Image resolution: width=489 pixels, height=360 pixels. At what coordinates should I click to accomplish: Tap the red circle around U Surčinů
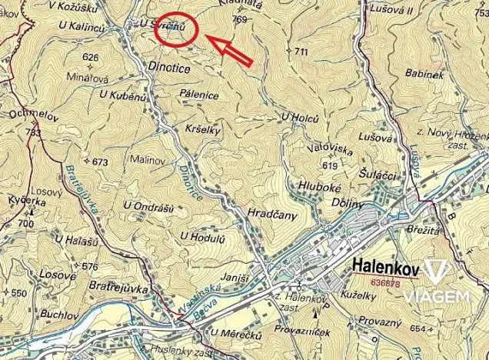(176, 31)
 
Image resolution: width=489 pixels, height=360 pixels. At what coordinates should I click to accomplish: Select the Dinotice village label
(168, 67)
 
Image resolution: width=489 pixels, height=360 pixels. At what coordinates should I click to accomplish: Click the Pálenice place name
(199, 95)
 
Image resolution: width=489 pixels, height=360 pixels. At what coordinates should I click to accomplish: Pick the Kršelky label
(203, 130)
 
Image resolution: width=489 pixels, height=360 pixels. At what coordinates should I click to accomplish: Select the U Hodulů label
(201, 237)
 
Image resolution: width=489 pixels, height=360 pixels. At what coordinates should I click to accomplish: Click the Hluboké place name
(321, 185)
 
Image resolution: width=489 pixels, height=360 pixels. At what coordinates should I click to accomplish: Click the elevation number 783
(32, 133)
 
